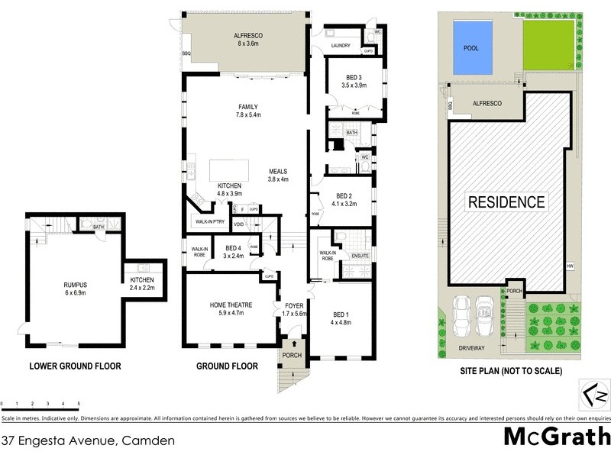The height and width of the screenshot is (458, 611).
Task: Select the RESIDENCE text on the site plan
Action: (x=506, y=202)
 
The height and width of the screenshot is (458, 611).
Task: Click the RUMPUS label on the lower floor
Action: (x=75, y=285)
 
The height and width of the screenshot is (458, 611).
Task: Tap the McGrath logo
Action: (x=556, y=437)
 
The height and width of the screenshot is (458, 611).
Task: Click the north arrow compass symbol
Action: (x=596, y=396)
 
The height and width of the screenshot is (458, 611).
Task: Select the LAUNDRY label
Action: (x=340, y=46)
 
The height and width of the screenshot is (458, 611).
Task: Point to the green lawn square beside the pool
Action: (x=548, y=47)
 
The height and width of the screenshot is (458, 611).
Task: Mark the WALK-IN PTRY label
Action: (x=209, y=222)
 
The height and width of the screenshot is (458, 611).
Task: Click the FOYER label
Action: (x=294, y=306)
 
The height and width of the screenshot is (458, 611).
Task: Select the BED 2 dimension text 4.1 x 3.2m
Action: (x=344, y=204)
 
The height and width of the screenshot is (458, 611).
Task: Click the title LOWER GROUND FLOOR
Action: (x=75, y=366)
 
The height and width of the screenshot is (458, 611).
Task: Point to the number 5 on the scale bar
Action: (x=78, y=403)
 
